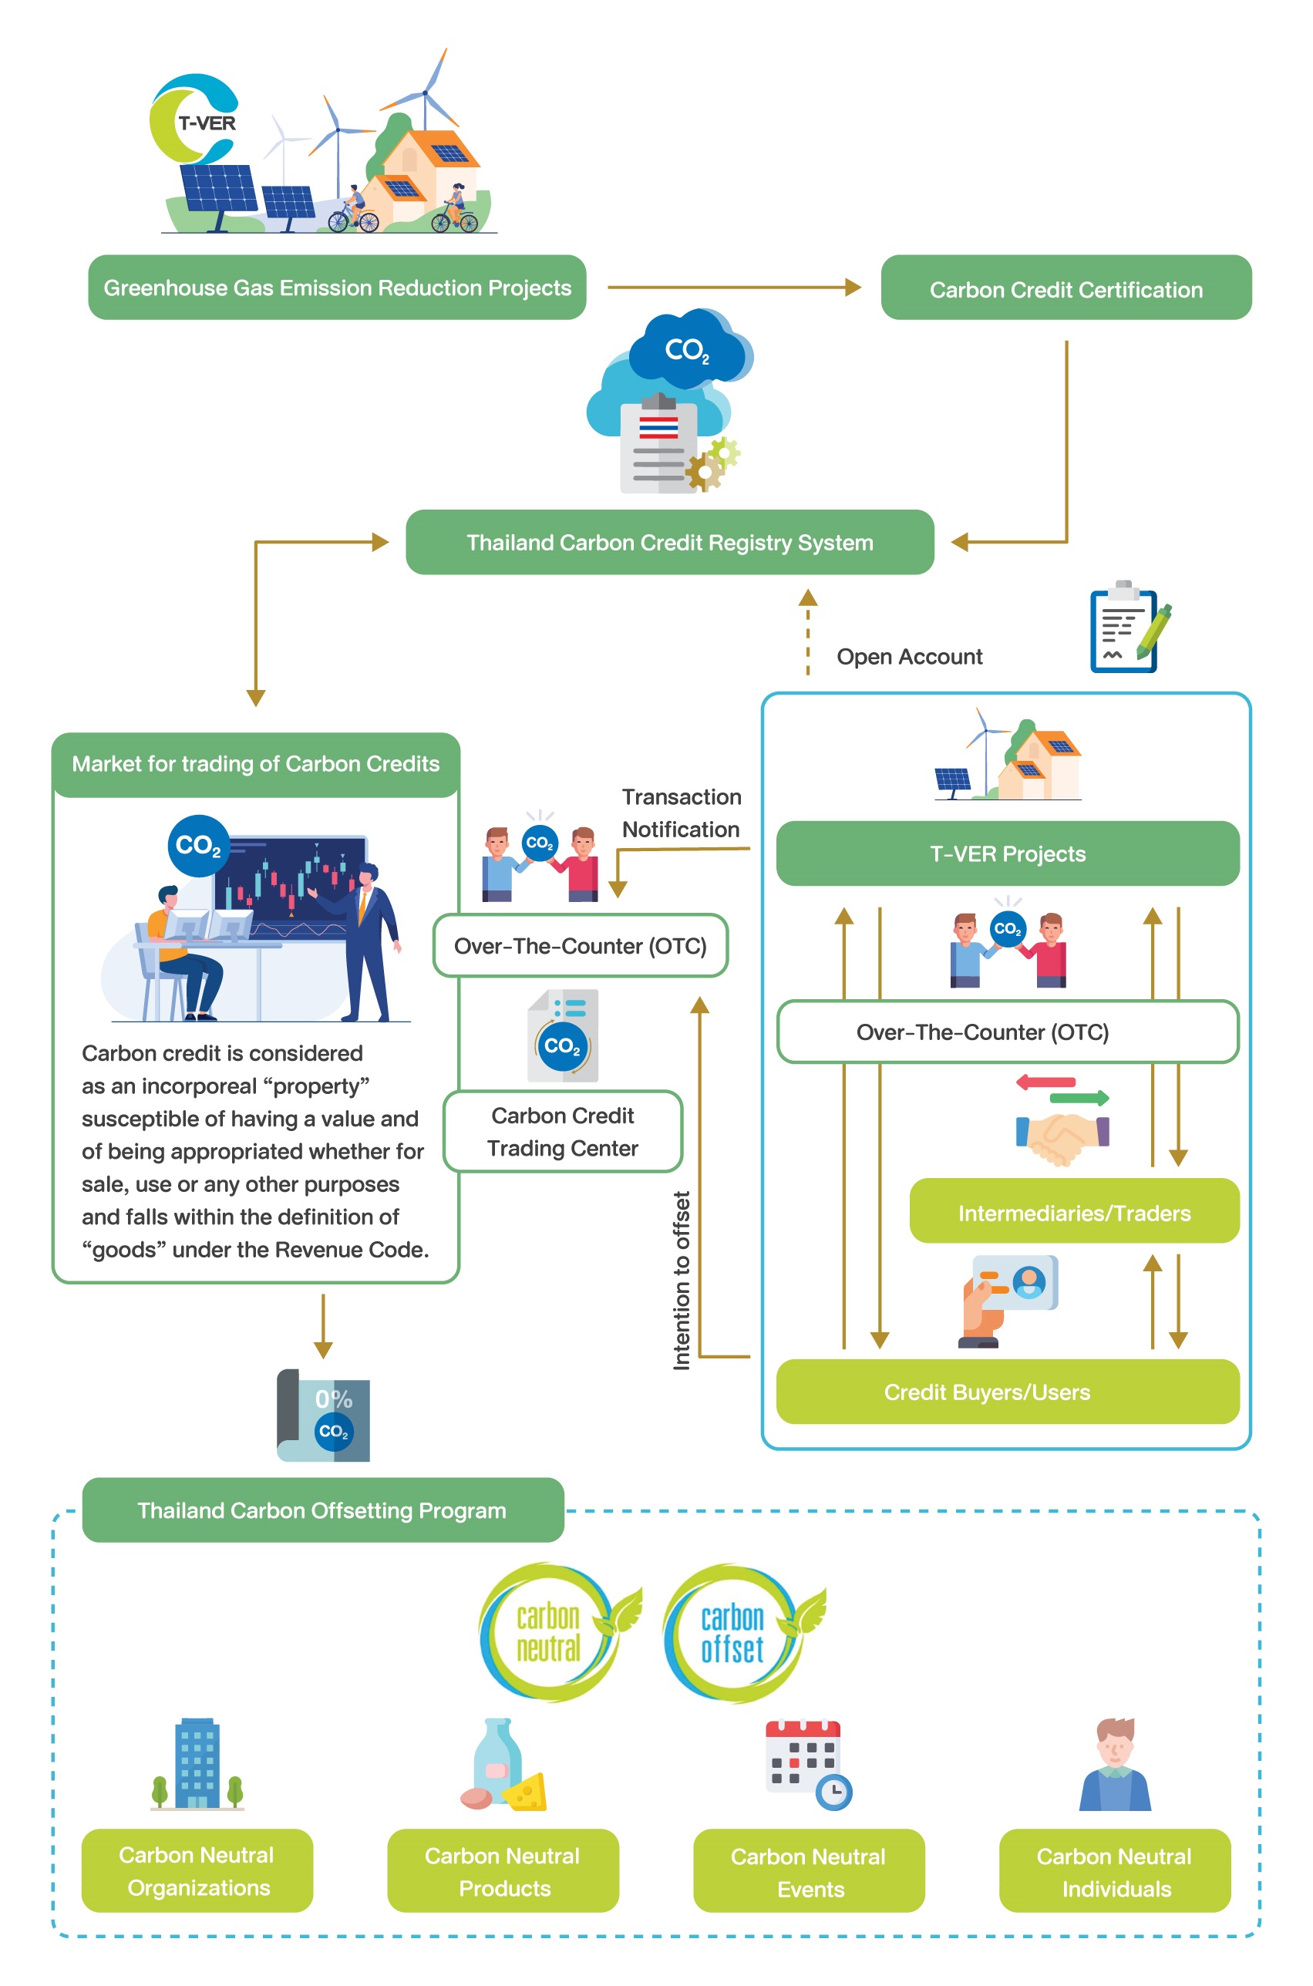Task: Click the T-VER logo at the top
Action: pos(194,119)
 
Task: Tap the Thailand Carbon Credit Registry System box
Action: pos(669,542)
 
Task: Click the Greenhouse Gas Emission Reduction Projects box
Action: pos(337,287)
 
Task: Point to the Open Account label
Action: pos(910,656)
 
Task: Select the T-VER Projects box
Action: pos(1008,853)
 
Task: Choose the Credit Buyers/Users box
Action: pos(1008,1392)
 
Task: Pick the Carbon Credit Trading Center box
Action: pos(563,1131)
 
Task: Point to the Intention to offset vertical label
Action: pos(682,1280)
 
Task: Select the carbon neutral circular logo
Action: pos(556,1631)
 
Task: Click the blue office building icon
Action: pos(197,1763)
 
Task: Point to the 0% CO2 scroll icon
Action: pos(323,1415)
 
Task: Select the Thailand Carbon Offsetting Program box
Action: pos(323,1510)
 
